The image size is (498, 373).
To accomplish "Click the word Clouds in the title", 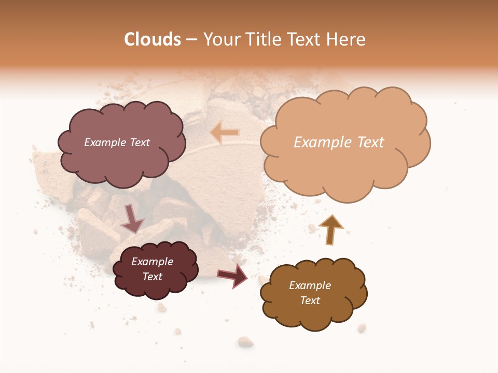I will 153,39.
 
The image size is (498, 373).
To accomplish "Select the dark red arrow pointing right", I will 232,275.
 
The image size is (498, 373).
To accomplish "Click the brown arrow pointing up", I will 330,229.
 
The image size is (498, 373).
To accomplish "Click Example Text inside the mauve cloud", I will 117,142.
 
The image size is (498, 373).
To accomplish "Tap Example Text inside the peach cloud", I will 339,142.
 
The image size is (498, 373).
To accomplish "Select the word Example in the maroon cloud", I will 152,262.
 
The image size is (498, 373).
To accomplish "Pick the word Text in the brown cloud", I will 310,300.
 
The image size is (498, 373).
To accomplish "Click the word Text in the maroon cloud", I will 152,277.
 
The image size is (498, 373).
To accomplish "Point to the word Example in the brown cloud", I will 310,285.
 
